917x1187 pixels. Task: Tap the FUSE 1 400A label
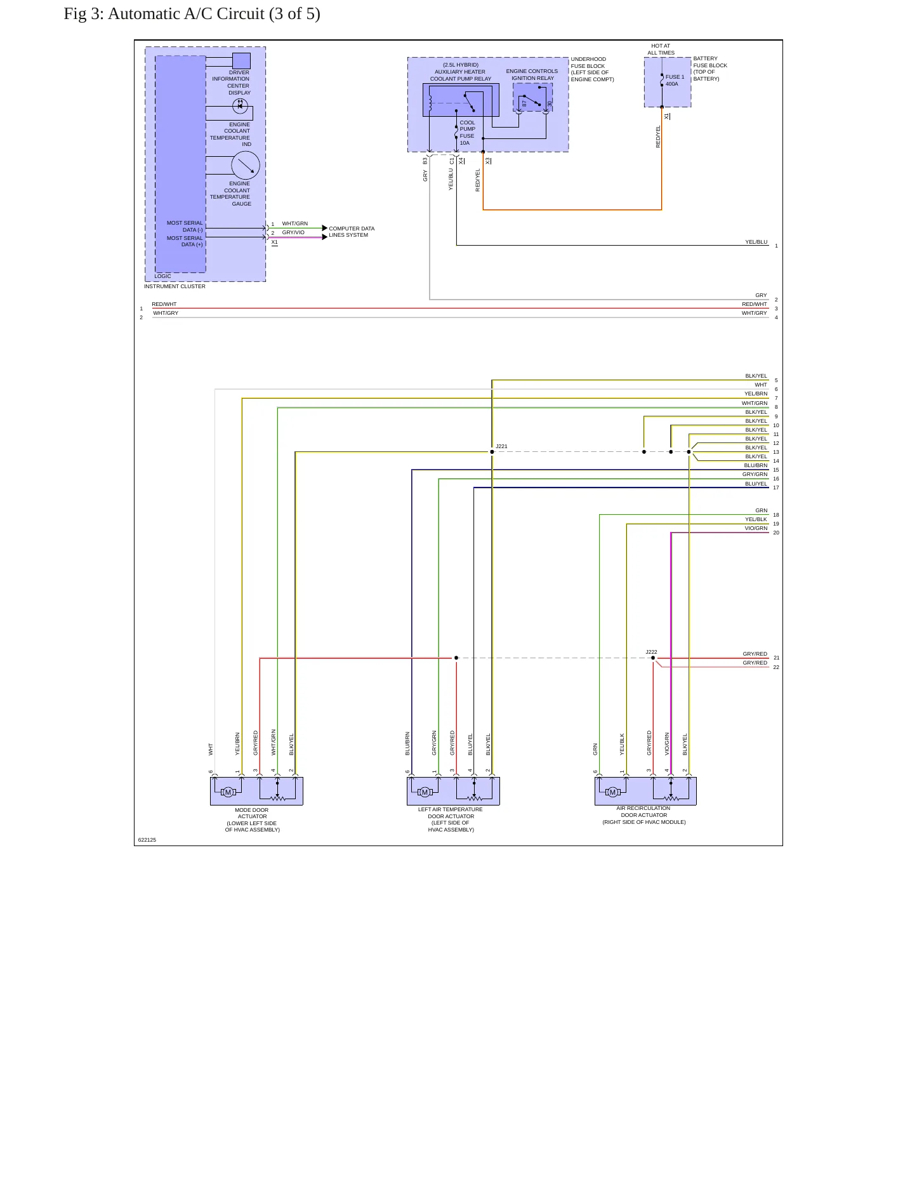coord(675,81)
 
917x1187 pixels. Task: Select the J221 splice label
coord(501,446)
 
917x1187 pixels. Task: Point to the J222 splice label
coord(651,652)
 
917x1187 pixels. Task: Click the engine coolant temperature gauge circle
coord(246,166)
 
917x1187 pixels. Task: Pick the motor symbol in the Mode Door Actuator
coord(228,792)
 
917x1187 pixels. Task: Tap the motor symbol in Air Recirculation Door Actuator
coord(612,792)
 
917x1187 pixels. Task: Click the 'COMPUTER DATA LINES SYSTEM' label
coord(352,232)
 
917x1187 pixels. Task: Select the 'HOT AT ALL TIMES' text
coord(661,50)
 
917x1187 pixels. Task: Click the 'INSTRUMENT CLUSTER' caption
coord(175,286)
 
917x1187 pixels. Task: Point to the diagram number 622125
coord(147,840)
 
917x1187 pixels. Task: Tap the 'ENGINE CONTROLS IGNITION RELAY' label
coord(532,75)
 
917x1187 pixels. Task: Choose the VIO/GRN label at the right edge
coord(756,528)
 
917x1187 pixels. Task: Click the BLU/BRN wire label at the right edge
coord(756,465)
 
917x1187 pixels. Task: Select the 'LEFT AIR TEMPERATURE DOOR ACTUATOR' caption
coord(451,812)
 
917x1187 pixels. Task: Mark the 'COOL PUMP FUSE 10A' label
coord(467,133)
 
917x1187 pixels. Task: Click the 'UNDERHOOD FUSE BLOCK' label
coord(588,62)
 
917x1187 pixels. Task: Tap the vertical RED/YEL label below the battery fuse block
coord(658,136)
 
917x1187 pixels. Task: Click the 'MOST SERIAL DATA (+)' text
coord(185,241)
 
